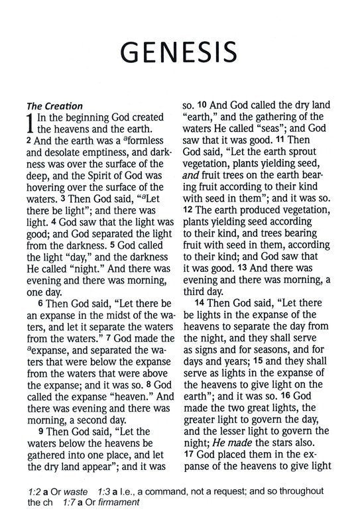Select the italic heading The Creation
coord(54,105)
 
